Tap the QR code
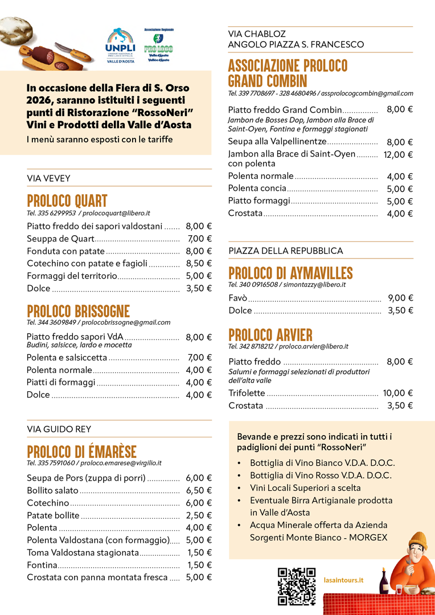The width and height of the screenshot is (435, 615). (296, 586)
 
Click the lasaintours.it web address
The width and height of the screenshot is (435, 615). (347, 580)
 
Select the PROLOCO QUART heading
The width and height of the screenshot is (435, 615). (67, 201)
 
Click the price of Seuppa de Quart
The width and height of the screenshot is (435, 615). (199, 239)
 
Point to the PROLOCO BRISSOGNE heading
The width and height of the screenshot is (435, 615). (78, 311)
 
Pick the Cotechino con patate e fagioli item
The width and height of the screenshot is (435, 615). (87, 263)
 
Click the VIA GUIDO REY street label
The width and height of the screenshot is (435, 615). (59, 429)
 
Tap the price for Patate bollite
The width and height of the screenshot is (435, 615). (199, 515)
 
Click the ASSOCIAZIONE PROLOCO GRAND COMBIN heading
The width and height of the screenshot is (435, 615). (288, 73)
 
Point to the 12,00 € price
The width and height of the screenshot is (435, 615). (398, 154)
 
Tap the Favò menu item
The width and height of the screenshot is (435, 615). (237, 298)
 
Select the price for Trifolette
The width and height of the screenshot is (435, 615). (397, 393)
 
